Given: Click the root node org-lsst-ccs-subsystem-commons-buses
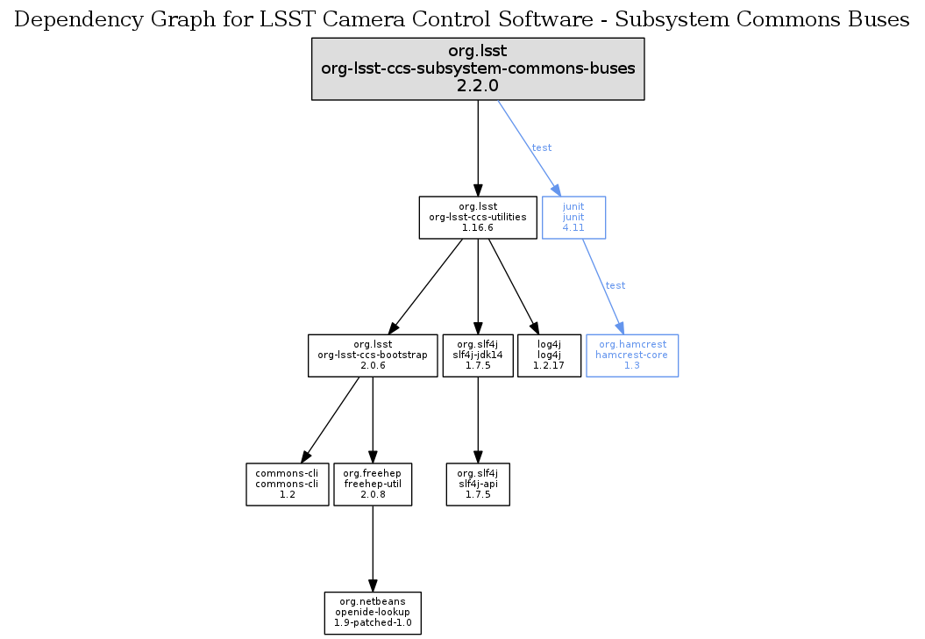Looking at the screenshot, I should click(x=478, y=68).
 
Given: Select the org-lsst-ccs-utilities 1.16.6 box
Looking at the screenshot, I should click(x=478, y=217).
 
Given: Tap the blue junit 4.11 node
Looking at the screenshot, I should click(x=573, y=217).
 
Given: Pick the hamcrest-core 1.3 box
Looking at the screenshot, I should click(x=631, y=355).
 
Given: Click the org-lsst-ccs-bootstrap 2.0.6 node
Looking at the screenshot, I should click(x=373, y=355).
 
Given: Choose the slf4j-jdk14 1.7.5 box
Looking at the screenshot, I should click(x=478, y=355).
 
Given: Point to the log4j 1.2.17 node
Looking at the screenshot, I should click(x=550, y=355).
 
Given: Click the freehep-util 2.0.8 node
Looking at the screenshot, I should click(x=373, y=484).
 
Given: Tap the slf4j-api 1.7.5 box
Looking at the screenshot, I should click(x=478, y=484).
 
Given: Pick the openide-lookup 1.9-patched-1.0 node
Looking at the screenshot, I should click(x=373, y=613).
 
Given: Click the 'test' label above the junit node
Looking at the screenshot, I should click(x=542, y=147).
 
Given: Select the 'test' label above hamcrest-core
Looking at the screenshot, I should click(x=615, y=285).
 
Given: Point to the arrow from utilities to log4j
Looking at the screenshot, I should click(x=511, y=285).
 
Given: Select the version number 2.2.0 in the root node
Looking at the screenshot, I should click(x=478, y=86).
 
